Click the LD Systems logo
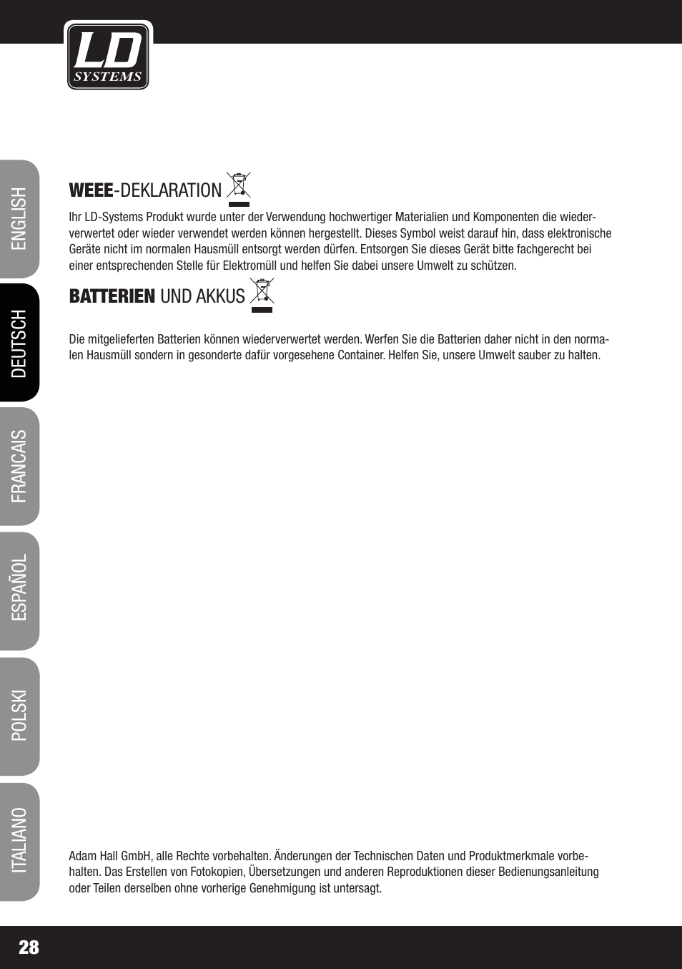coord(108,56)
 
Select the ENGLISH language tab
coord(19,219)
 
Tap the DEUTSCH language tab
coord(19,343)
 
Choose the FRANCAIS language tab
coord(19,467)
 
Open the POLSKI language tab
coord(19,715)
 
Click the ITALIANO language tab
coord(19,841)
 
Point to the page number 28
coord(29,948)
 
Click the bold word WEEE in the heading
coord(91,190)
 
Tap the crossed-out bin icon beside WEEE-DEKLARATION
coord(239,188)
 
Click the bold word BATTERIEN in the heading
coord(112,296)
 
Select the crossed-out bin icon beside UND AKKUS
coord(262,295)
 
